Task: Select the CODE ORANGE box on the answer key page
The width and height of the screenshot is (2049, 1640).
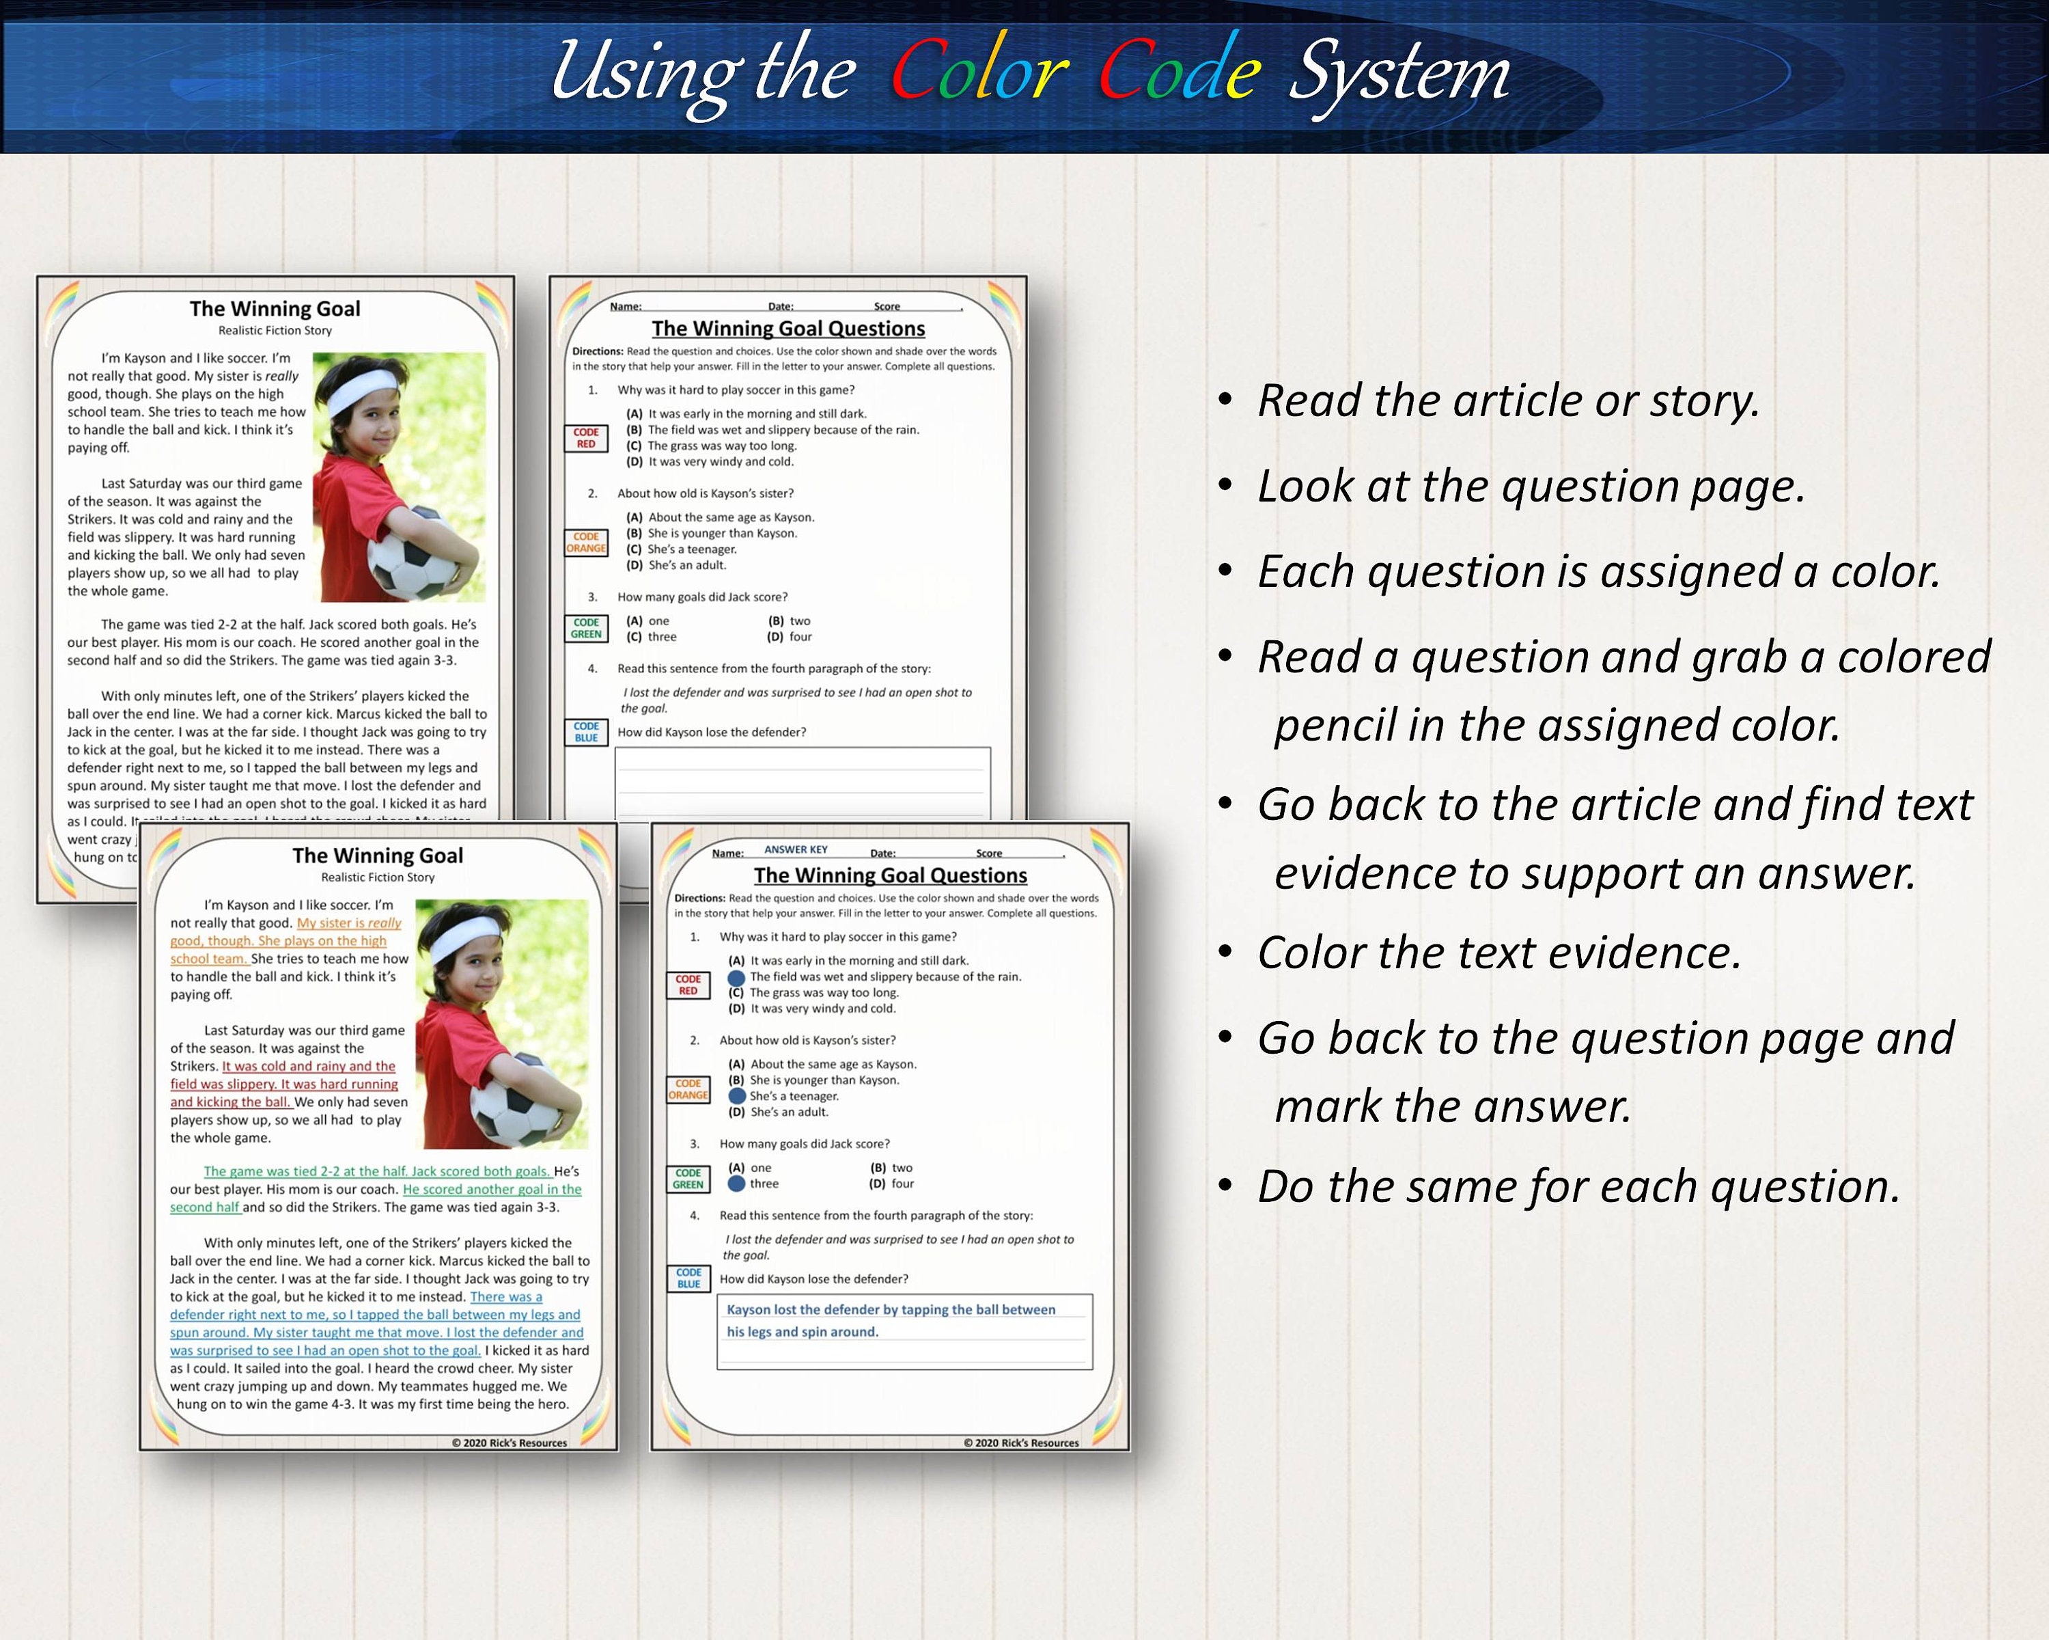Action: point(688,1089)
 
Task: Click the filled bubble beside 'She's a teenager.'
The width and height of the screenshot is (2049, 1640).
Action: point(736,1096)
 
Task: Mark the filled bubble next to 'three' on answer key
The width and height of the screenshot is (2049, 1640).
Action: point(736,1184)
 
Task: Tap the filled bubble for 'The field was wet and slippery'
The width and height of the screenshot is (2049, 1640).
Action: point(736,976)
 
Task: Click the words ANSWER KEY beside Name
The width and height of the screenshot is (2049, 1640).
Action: point(796,850)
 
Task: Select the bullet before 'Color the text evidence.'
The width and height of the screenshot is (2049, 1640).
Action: point(1226,953)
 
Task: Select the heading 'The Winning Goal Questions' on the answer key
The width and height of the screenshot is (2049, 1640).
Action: point(891,875)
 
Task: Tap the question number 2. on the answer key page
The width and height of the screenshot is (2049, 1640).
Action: point(695,1040)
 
